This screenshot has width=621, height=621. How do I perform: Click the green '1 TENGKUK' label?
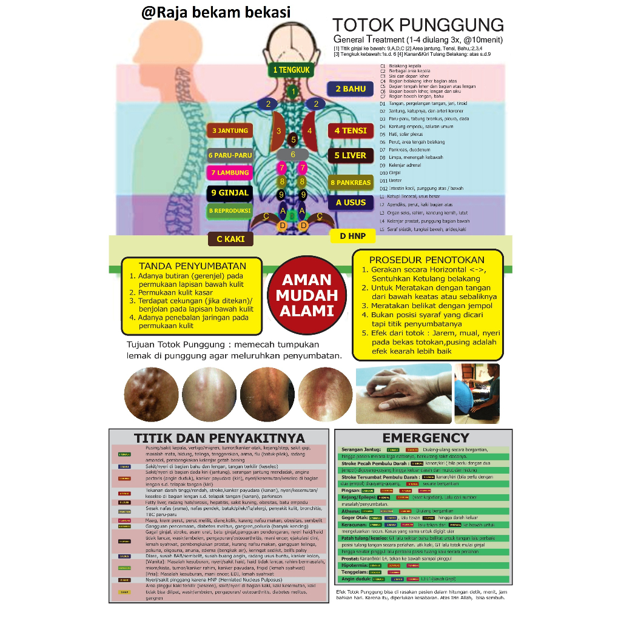(x=291, y=70)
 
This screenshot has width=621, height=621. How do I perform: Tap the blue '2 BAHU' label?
(x=351, y=89)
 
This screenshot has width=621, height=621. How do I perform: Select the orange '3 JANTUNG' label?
(x=230, y=130)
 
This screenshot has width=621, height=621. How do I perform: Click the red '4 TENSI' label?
(x=351, y=130)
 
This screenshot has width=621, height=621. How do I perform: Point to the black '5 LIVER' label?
(x=351, y=155)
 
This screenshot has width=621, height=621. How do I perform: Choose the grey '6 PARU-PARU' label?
(x=230, y=155)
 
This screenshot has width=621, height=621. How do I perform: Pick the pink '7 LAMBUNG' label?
(x=230, y=173)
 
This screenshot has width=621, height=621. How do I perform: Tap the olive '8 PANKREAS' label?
(x=351, y=182)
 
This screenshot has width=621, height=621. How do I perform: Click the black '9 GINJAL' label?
(x=230, y=193)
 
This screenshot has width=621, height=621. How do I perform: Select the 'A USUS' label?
(x=351, y=203)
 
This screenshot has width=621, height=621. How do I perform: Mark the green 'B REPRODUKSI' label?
(x=230, y=210)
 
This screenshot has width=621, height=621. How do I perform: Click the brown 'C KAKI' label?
(x=230, y=239)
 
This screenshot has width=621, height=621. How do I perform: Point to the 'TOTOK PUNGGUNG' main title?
(x=418, y=25)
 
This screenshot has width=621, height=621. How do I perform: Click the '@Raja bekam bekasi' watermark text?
(x=216, y=12)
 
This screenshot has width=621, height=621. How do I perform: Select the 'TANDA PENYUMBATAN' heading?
(x=192, y=266)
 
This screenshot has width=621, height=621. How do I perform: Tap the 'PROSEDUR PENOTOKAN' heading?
(x=427, y=260)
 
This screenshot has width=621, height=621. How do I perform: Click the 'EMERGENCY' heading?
(x=426, y=438)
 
